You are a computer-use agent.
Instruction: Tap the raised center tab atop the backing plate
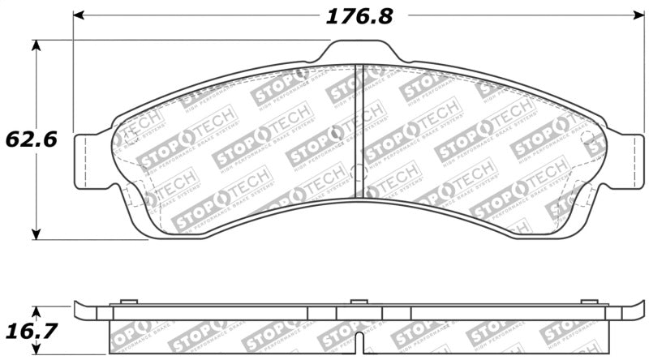tap(361, 52)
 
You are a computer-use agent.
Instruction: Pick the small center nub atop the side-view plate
tap(359, 302)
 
